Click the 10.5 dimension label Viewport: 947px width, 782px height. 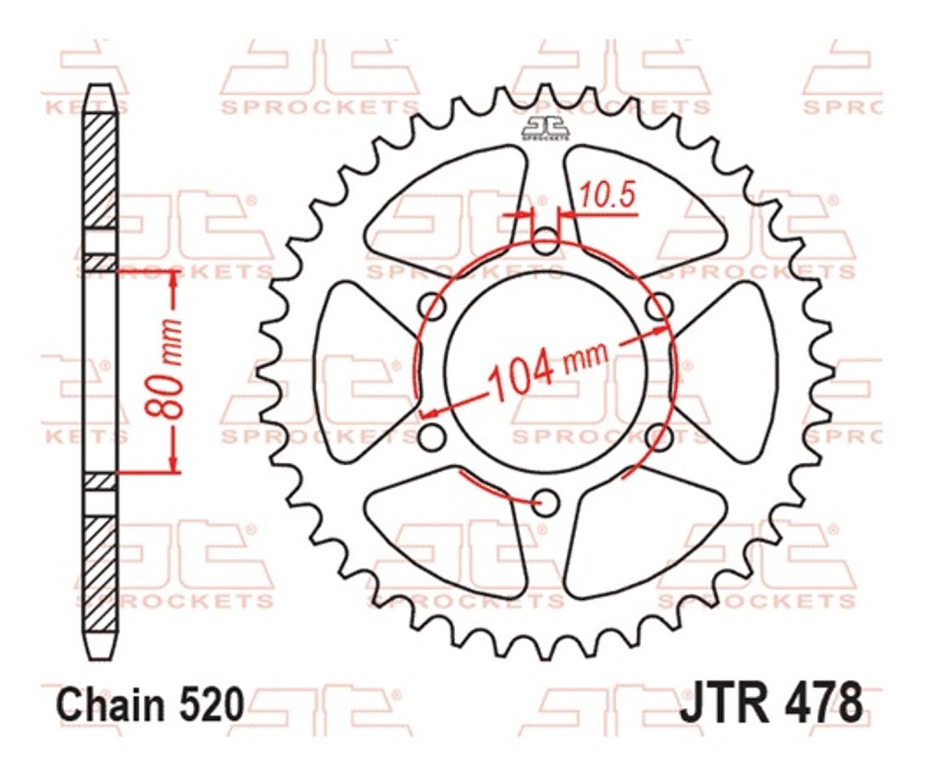608,196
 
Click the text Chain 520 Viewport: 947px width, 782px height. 151,704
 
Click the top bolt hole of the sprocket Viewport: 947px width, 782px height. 547,241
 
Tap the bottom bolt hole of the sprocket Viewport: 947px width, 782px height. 547,501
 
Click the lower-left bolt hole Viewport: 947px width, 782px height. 433,436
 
